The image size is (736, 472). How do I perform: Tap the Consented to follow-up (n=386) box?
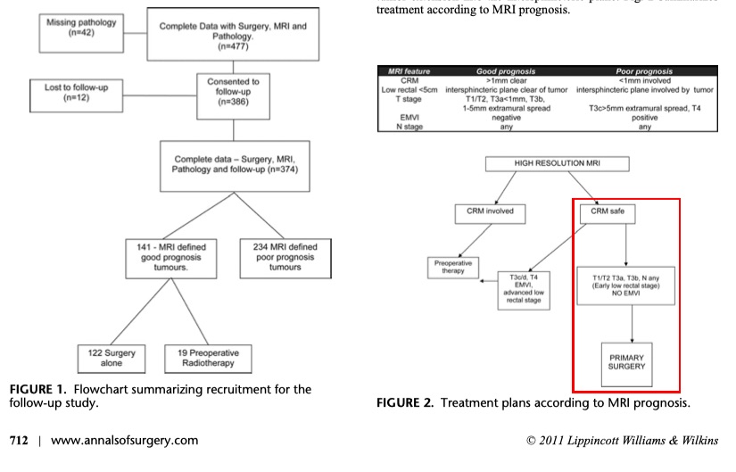pyautogui.click(x=233, y=92)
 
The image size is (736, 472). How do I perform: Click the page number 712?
pyautogui.click(x=21, y=440)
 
